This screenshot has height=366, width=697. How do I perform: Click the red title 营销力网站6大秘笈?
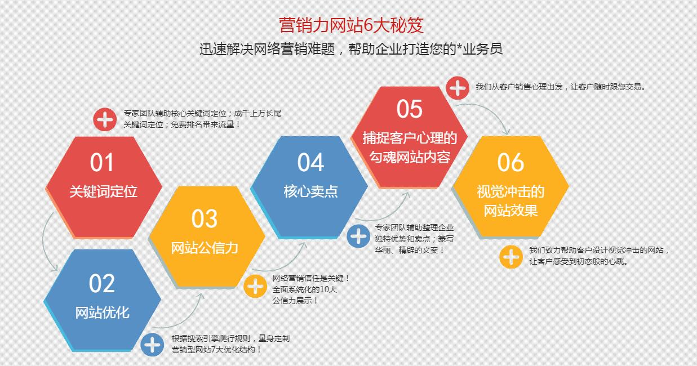pyautogui.click(x=351, y=25)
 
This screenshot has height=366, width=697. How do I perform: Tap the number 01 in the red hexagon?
pyautogui.click(x=102, y=162)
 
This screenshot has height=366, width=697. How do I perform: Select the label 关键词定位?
pyautogui.click(x=103, y=191)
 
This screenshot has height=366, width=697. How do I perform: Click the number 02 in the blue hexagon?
pyautogui.click(x=102, y=283)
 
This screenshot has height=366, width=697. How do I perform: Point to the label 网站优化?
pyautogui.click(x=103, y=312)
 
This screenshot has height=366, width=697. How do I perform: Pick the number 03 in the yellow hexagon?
pyautogui.click(x=204, y=218)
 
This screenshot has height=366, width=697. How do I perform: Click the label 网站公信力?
pyautogui.click(x=205, y=248)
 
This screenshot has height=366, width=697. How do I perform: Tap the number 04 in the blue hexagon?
pyautogui.click(x=310, y=162)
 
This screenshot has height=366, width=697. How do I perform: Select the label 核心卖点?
pyautogui.click(x=310, y=191)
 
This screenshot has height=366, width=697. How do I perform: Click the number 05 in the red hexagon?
pyautogui.click(x=409, y=109)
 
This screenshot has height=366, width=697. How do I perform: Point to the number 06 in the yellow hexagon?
pyautogui.click(x=510, y=162)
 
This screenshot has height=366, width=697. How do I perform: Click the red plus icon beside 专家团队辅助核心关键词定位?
pyautogui.click(x=105, y=119)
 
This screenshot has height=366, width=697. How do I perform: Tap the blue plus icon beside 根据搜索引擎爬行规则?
pyautogui.click(x=152, y=345)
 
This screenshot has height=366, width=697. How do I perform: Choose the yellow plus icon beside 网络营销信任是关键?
pyautogui.click(x=255, y=286)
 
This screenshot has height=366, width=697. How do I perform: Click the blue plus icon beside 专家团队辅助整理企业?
pyautogui.click(x=358, y=236)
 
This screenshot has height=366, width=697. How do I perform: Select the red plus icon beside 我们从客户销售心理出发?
pyautogui.click(x=458, y=88)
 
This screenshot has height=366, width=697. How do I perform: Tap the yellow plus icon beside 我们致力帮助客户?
pyautogui.click(x=511, y=257)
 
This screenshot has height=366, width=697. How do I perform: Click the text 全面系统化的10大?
pyautogui.click(x=305, y=289)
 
